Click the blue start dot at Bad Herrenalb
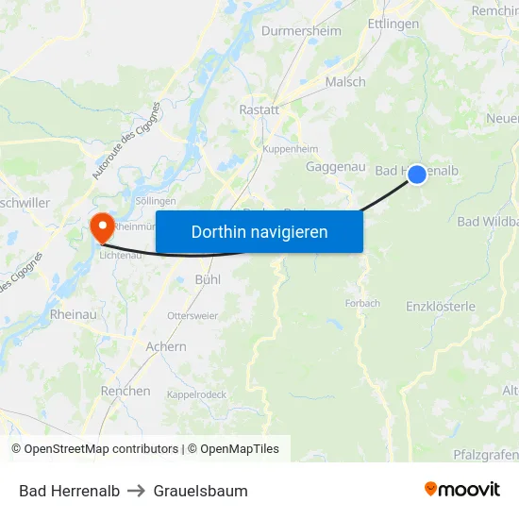point(417,175)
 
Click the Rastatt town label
point(259,109)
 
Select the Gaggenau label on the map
point(336,166)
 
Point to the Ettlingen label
point(393,24)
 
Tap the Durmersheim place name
point(301,30)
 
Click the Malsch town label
point(345,82)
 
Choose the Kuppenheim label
point(290,149)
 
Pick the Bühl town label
point(208,279)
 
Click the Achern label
point(166,346)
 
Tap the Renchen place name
point(126,391)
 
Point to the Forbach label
point(362,304)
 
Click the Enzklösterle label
point(441,307)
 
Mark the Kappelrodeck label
point(198,394)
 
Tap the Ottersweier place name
point(193,315)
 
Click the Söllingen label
point(156,201)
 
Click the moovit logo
point(462,490)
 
